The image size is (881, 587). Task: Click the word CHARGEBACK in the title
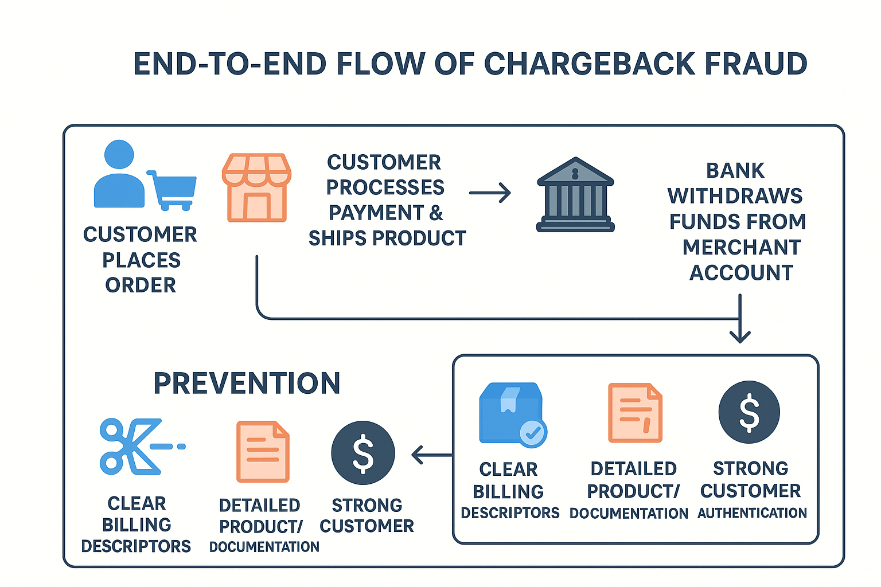(x=589, y=63)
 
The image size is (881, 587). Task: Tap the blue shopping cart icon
(x=171, y=190)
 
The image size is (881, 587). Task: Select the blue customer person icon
(x=119, y=173)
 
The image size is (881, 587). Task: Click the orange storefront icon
(x=256, y=187)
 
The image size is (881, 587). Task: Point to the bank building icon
(x=575, y=194)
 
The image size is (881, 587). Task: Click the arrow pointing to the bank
(x=490, y=193)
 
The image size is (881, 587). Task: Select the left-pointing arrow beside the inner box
(x=432, y=455)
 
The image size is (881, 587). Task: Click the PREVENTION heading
(x=247, y=383)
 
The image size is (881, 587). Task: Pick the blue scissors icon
(x=142, y=447)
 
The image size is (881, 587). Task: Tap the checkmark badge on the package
(x=533, y=433)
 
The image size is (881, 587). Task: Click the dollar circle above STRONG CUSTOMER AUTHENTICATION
(x=749, y=412)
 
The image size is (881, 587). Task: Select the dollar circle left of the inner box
(x=362, y=452)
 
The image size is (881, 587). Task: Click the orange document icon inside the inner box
(x=635, y=413)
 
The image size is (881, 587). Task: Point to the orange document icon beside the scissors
(x=263, y=452)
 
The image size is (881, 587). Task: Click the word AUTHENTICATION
(x=753, y=512)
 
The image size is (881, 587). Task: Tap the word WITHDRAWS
(x=735, y=196)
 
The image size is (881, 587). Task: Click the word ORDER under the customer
(x=141, y=285)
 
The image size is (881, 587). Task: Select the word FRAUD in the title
(x=755, y=63)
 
